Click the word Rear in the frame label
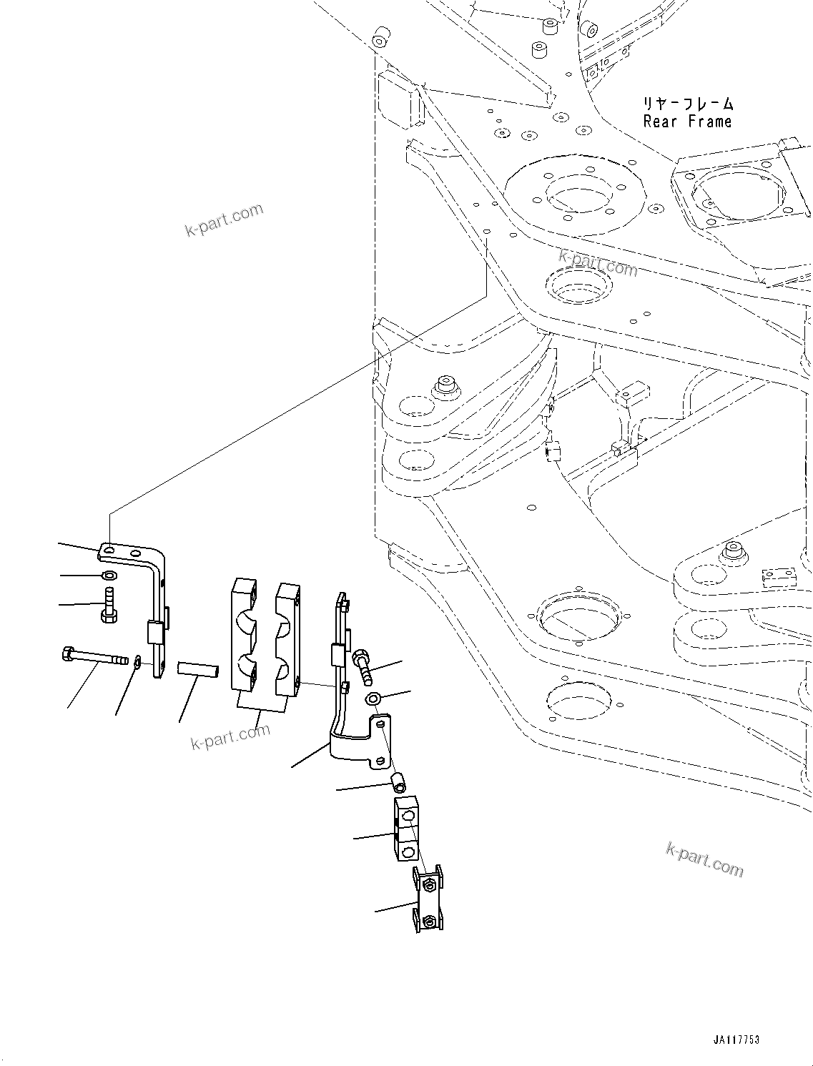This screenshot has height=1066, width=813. click(659, 122)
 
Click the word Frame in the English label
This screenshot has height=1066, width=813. click(710, 122)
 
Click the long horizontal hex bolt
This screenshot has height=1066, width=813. click(94, 656)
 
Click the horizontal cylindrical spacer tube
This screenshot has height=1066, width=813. click(197, 670)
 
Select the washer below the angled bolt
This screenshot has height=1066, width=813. click(373, 698)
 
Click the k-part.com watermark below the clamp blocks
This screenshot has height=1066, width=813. click(230, 736)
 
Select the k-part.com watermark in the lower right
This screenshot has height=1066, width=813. click(704, 858)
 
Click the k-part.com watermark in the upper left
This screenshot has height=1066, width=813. click(224, 220)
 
